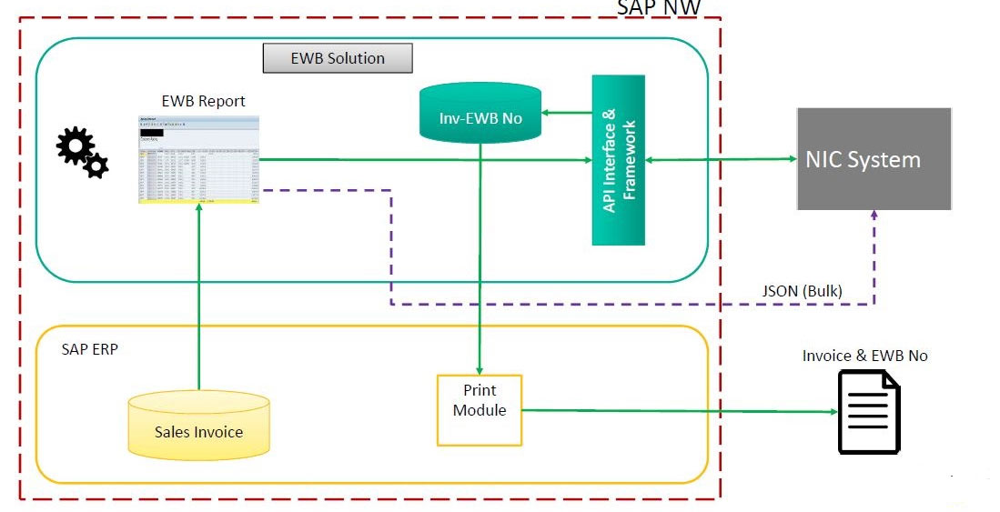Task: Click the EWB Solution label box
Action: [338, 58]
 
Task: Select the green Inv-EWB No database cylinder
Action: [480, 114]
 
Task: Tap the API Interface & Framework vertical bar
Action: [618, 161]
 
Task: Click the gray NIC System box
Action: [874, 159]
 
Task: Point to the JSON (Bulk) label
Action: [802, 291]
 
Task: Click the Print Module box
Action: [480, 409]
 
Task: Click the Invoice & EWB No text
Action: [864, 356]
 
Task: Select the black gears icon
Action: [82, 152]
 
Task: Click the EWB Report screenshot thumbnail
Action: [198, 159]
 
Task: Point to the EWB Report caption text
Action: [203, 101]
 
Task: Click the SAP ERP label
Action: [89, 349]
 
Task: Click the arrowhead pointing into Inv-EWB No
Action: [547, 114]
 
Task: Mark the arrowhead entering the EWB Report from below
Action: [198, 209]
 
